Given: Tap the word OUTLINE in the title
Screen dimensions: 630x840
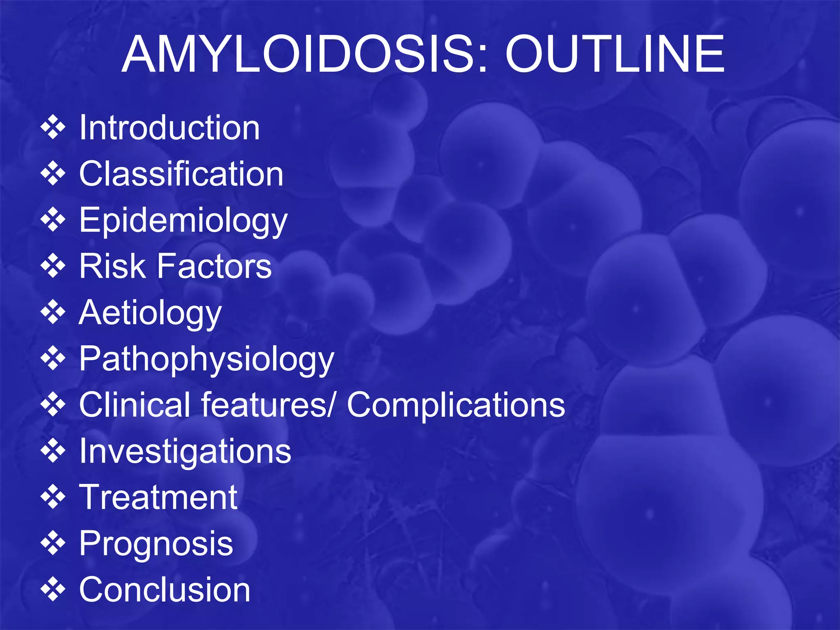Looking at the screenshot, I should pos(615,55).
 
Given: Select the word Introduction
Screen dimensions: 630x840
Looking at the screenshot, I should pos(169,128).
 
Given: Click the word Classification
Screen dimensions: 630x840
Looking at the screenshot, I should pos(181,174).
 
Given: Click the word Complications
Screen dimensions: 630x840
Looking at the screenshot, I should pos(456,405).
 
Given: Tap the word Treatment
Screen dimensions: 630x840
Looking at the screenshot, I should pos(158,497).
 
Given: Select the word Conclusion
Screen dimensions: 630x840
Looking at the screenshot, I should pos(164,589).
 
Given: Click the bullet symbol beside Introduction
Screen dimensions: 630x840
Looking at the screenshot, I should pos(53,128).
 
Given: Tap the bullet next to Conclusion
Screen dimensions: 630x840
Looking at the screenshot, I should pos(53,589).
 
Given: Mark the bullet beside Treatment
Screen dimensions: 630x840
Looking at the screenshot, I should pos(53,497).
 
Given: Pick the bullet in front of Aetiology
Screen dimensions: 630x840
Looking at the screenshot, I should pos(53,313).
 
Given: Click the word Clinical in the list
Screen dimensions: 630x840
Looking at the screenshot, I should pos(134,405).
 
